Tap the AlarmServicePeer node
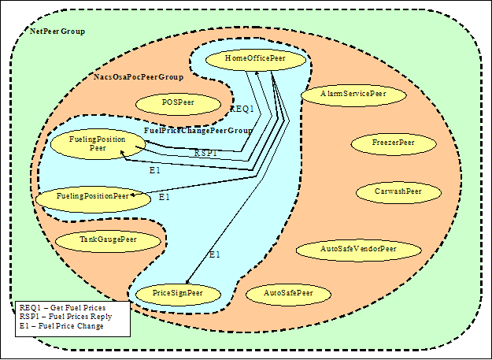point(353,94)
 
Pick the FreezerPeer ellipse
point(394,143)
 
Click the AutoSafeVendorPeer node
point(358,249)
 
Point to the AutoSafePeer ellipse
point(288,293)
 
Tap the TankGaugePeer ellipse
point(108,239)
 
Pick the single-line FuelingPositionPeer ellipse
point(92,195)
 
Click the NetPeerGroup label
point(57,32)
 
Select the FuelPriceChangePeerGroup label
point(198,130)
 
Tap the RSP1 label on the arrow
point(207,154)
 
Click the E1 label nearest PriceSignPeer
point(215,254)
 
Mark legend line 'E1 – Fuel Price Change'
point(61,326)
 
